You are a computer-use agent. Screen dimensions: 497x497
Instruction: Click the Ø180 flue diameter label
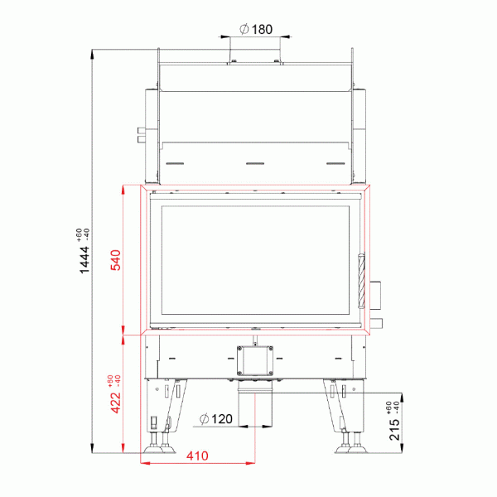[x=256, y=30]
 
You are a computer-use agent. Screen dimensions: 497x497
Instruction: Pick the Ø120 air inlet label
[x=218, y=419]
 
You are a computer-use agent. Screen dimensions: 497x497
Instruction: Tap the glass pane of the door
[x=257, y=258]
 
